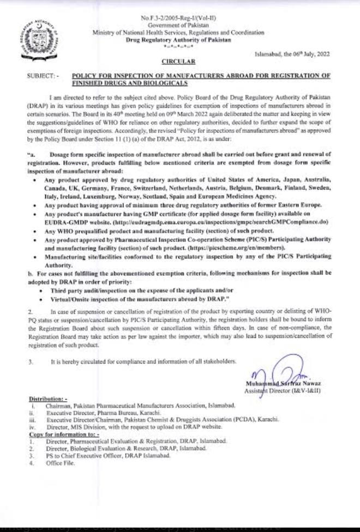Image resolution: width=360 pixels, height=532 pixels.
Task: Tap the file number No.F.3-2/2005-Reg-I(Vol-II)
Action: [178, 19]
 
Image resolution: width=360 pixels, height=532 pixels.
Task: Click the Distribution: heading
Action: [50, 400]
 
